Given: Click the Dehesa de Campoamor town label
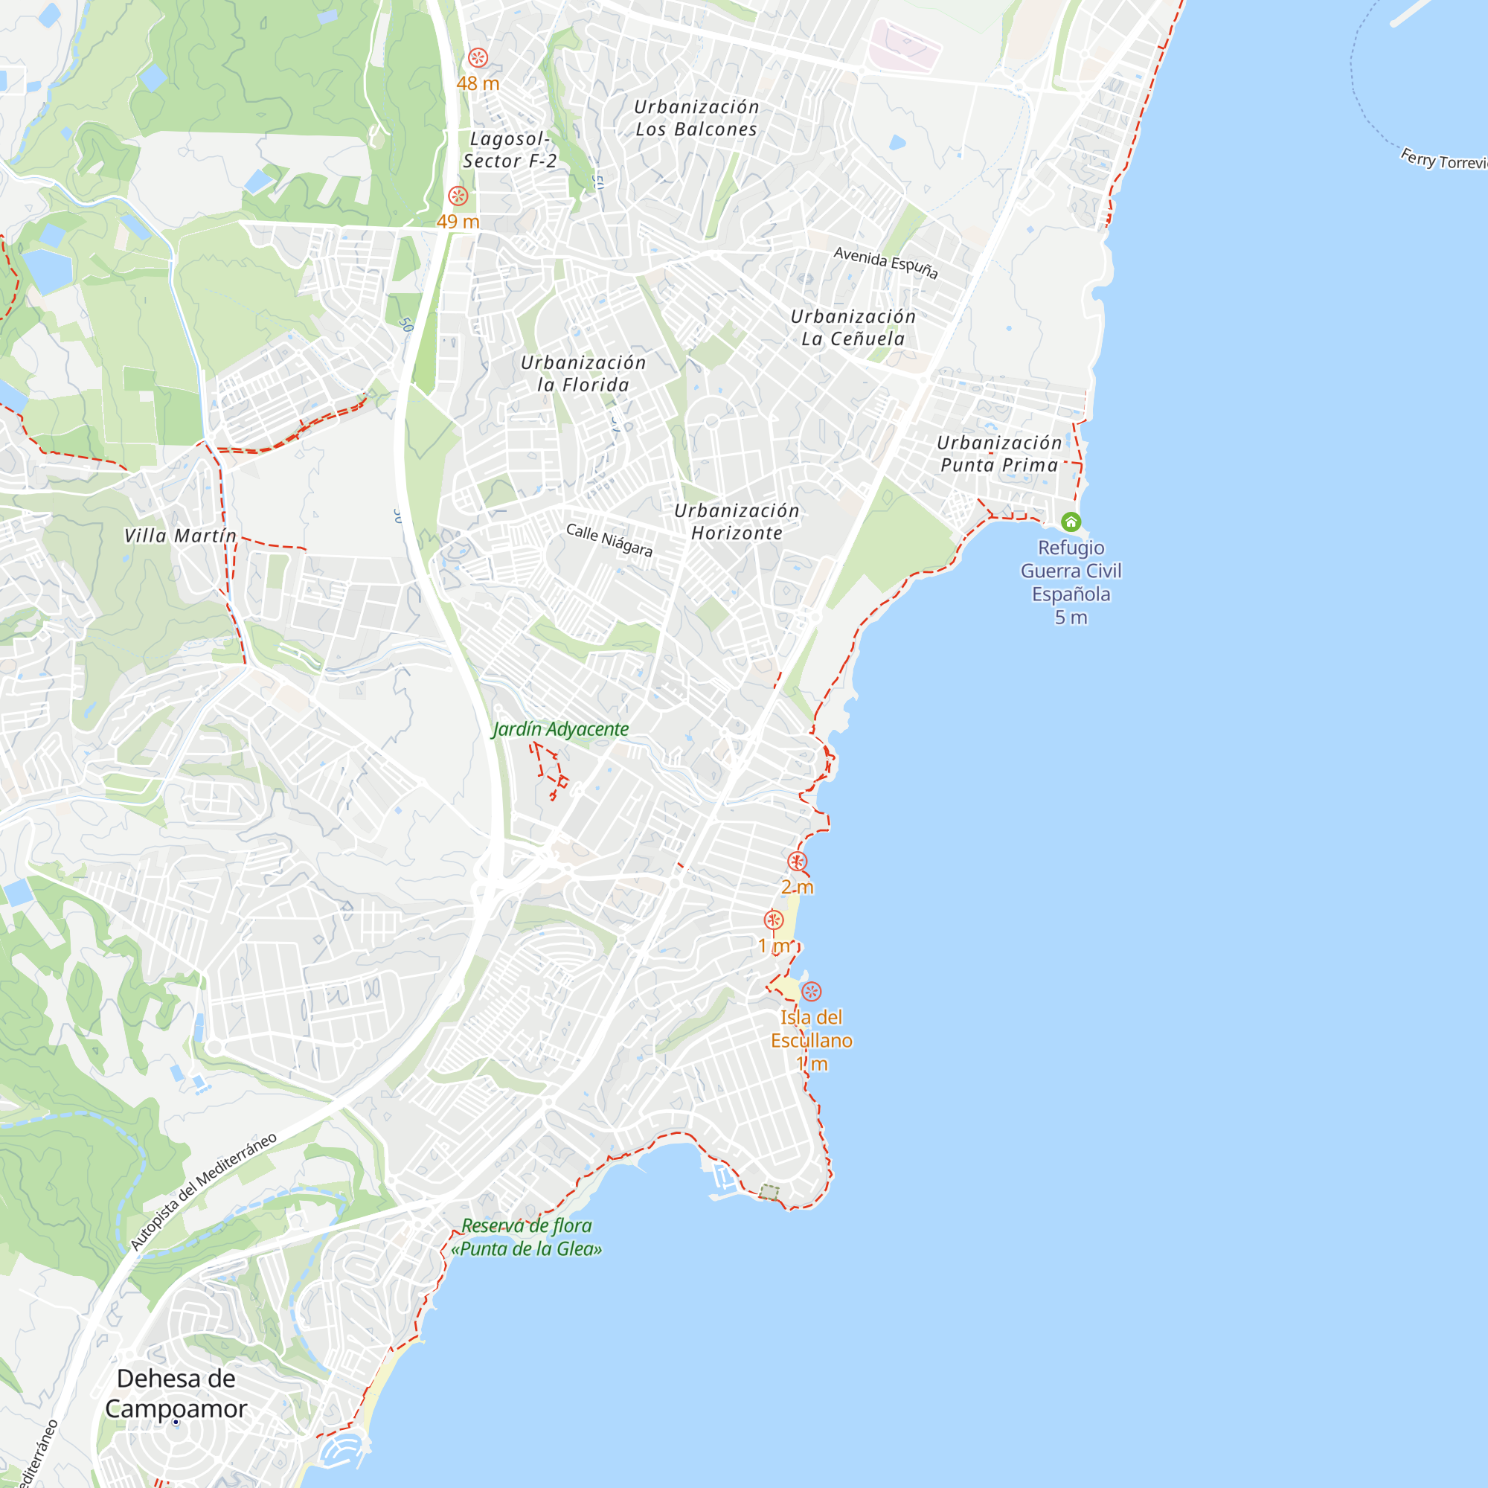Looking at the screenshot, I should [x=176, y=1394].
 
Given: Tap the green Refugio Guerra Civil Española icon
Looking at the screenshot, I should [x=1071, y=522].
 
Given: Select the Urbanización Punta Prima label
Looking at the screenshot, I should [x=999, y=454].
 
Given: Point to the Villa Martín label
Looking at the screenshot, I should [x=180, y=535].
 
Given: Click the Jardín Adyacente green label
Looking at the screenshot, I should [x=560, y=728].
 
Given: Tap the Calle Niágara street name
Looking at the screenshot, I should [x=609, y=540].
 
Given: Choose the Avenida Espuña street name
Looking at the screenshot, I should [x=885, y=263].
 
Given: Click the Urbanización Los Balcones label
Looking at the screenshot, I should [x=696, y=118].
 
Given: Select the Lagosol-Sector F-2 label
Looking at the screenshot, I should [x=509, y=150].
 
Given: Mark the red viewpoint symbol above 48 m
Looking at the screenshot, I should [x=478, y=58].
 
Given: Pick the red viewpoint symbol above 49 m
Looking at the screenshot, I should [x=458, y=196].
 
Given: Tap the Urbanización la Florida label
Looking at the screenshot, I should [x=583, y=373].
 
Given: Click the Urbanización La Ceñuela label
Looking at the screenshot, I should [x=853, y=327].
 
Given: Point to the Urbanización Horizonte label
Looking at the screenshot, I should [x=737, y=522].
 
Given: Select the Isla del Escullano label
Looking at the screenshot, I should [x=811, y=1029].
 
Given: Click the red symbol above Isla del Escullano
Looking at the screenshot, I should [x=811, y=991].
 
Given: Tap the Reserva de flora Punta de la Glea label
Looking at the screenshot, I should [x=526, y=1237].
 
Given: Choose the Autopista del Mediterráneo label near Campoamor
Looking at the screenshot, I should [x=203, y=1190].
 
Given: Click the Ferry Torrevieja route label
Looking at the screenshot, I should [x=1443, y=159].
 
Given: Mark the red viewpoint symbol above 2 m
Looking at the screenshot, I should [x=797, y=861].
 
